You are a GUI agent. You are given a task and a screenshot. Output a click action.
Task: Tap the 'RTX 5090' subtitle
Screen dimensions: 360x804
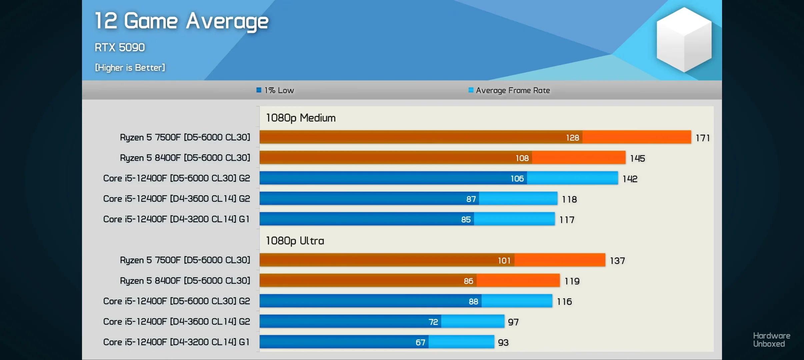120,47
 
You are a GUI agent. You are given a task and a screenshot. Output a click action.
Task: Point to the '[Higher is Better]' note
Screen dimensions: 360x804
130,68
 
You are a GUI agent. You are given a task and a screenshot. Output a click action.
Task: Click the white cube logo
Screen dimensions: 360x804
684,39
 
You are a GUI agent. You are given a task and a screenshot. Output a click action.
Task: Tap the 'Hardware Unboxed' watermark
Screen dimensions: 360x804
771,340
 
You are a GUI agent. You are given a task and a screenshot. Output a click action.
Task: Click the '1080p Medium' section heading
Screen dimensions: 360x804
301,118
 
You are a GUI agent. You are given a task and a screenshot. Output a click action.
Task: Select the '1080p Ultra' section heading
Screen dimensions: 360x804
295,241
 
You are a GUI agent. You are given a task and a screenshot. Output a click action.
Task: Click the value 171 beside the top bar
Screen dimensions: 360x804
703,138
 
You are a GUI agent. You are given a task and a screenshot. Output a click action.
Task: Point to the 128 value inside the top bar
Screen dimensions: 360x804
572,138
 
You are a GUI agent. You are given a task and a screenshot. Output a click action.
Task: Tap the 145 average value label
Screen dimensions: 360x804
637,158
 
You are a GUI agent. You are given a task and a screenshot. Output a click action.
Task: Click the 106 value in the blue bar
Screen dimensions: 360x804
517,179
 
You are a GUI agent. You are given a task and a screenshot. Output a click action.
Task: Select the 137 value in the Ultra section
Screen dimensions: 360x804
617,261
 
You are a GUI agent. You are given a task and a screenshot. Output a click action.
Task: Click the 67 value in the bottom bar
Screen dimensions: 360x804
420,342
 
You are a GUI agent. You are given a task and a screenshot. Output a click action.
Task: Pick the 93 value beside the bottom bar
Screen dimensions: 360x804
503,343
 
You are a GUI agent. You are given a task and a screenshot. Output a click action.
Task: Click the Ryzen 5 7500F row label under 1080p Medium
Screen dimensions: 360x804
185,137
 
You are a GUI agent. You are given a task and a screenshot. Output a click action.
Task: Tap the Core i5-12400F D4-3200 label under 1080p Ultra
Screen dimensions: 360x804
176,342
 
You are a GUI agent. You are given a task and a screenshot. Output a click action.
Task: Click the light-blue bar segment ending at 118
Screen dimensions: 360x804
518,199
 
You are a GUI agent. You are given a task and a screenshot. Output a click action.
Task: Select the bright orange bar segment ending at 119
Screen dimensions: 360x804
518,281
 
